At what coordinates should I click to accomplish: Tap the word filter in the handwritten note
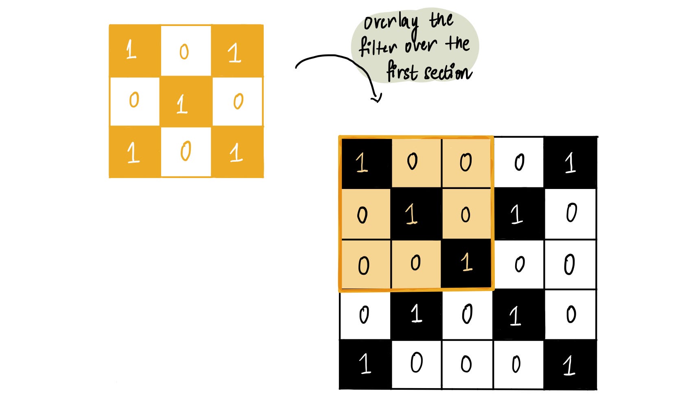click(378, 47)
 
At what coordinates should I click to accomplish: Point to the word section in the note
click(448, 73)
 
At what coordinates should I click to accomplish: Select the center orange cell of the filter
click(186, 102)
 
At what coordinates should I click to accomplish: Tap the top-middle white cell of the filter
click(186, 51)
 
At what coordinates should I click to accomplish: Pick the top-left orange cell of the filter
click(135, 51)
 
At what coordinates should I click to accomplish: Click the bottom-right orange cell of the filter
click(237, 152)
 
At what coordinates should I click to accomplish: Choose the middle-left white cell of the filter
click(135, 102)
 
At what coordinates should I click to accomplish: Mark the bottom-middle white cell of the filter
click(186, 152)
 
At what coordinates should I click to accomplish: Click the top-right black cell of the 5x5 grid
click(570, 163)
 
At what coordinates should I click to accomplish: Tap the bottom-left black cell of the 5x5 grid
click(365, 364)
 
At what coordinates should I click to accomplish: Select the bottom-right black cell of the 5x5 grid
click(570, 364)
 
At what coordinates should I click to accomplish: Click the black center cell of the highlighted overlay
click(416, 214)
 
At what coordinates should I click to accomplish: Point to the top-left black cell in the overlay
click(365, 163)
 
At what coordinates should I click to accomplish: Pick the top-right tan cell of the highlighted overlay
click(466, 163)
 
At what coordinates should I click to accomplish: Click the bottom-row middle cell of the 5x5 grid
click(467, 364)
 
